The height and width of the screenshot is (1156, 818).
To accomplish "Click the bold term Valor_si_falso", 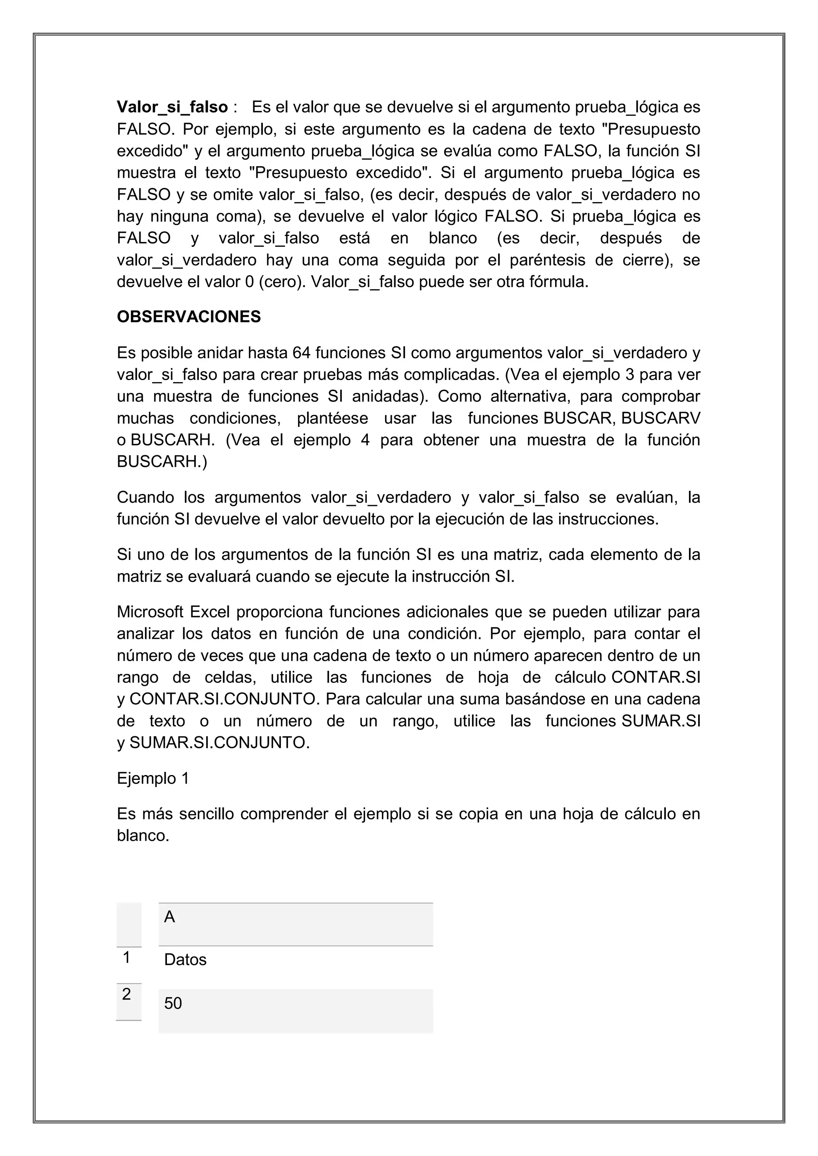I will coord(172,107).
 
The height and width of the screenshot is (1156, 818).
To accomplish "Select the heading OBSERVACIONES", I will coord(189,317).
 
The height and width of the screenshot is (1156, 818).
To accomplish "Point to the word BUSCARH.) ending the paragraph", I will coord(162,462).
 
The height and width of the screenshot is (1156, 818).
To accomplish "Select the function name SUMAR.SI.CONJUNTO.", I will coord(219,743).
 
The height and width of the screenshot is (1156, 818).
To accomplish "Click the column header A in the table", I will coord(170,917).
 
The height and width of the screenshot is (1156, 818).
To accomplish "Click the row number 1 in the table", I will coord(127,957).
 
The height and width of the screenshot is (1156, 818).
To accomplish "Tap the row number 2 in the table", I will coord(127,994).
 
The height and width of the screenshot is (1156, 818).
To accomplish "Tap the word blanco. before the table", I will coord(143,836).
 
